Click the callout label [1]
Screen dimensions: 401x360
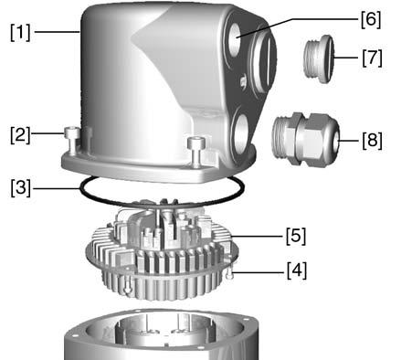[x=20, y=32]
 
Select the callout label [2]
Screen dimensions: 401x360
[x=20, y=135]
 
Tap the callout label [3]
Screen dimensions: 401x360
[x=21, y=188]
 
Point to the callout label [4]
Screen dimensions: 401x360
[x=297, y=270]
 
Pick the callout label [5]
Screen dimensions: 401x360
[x=296, y=236]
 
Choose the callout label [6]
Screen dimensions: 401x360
[x=371, y=19]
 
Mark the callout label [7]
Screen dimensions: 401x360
[x=372, y=58]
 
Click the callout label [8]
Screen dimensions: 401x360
[x=372, y=141]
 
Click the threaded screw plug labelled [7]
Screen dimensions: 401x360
[x=319, y=58]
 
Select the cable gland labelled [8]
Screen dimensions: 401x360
[x=305, y=139]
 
